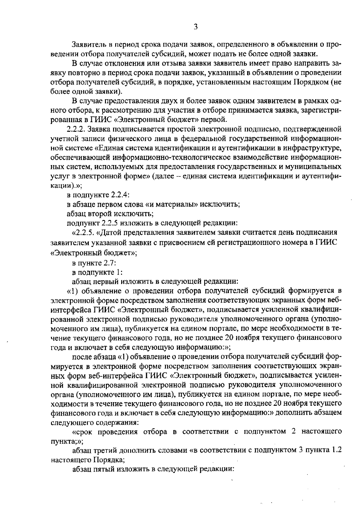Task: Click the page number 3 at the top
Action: point(195,27)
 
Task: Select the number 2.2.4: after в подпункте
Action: point(120,195)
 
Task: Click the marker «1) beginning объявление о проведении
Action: point(72,291)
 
